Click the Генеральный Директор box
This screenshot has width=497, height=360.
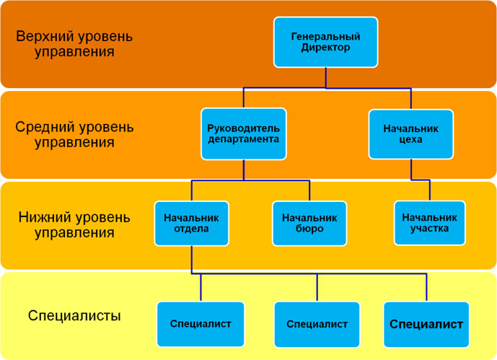point(325,42)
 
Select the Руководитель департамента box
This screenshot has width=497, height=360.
point(243,133)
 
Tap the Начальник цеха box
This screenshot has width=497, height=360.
point(410,133)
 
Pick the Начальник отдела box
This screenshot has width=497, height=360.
point(191,223)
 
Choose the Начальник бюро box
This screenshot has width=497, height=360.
point(309,223)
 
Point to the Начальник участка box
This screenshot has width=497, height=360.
point(430,222)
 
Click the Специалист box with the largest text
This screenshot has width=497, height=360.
point(426,324)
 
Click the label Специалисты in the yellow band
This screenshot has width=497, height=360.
point(74,315)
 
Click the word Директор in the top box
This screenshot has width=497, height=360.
point(325,48)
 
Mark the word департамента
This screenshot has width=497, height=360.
point(243,139)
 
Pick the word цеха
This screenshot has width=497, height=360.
point(410,139)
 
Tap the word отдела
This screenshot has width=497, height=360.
point(191,229)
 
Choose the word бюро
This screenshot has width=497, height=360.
point(309,229)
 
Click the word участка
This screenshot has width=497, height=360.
point(430,229)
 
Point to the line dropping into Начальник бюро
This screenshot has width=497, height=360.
point(309,191)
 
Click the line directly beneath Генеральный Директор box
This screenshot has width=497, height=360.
point(325,78)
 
